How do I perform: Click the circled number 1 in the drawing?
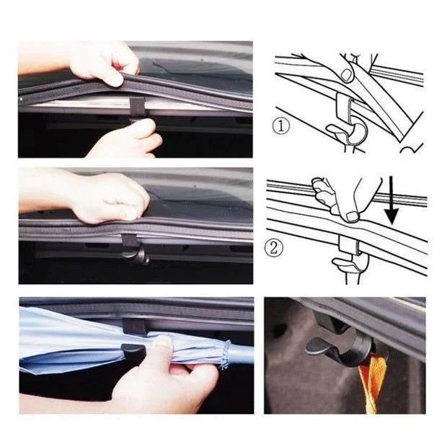pos(282,127)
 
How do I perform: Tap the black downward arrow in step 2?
pos(391,205)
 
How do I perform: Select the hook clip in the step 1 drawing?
pos(347,123)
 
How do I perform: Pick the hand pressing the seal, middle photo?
pos(108,197)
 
